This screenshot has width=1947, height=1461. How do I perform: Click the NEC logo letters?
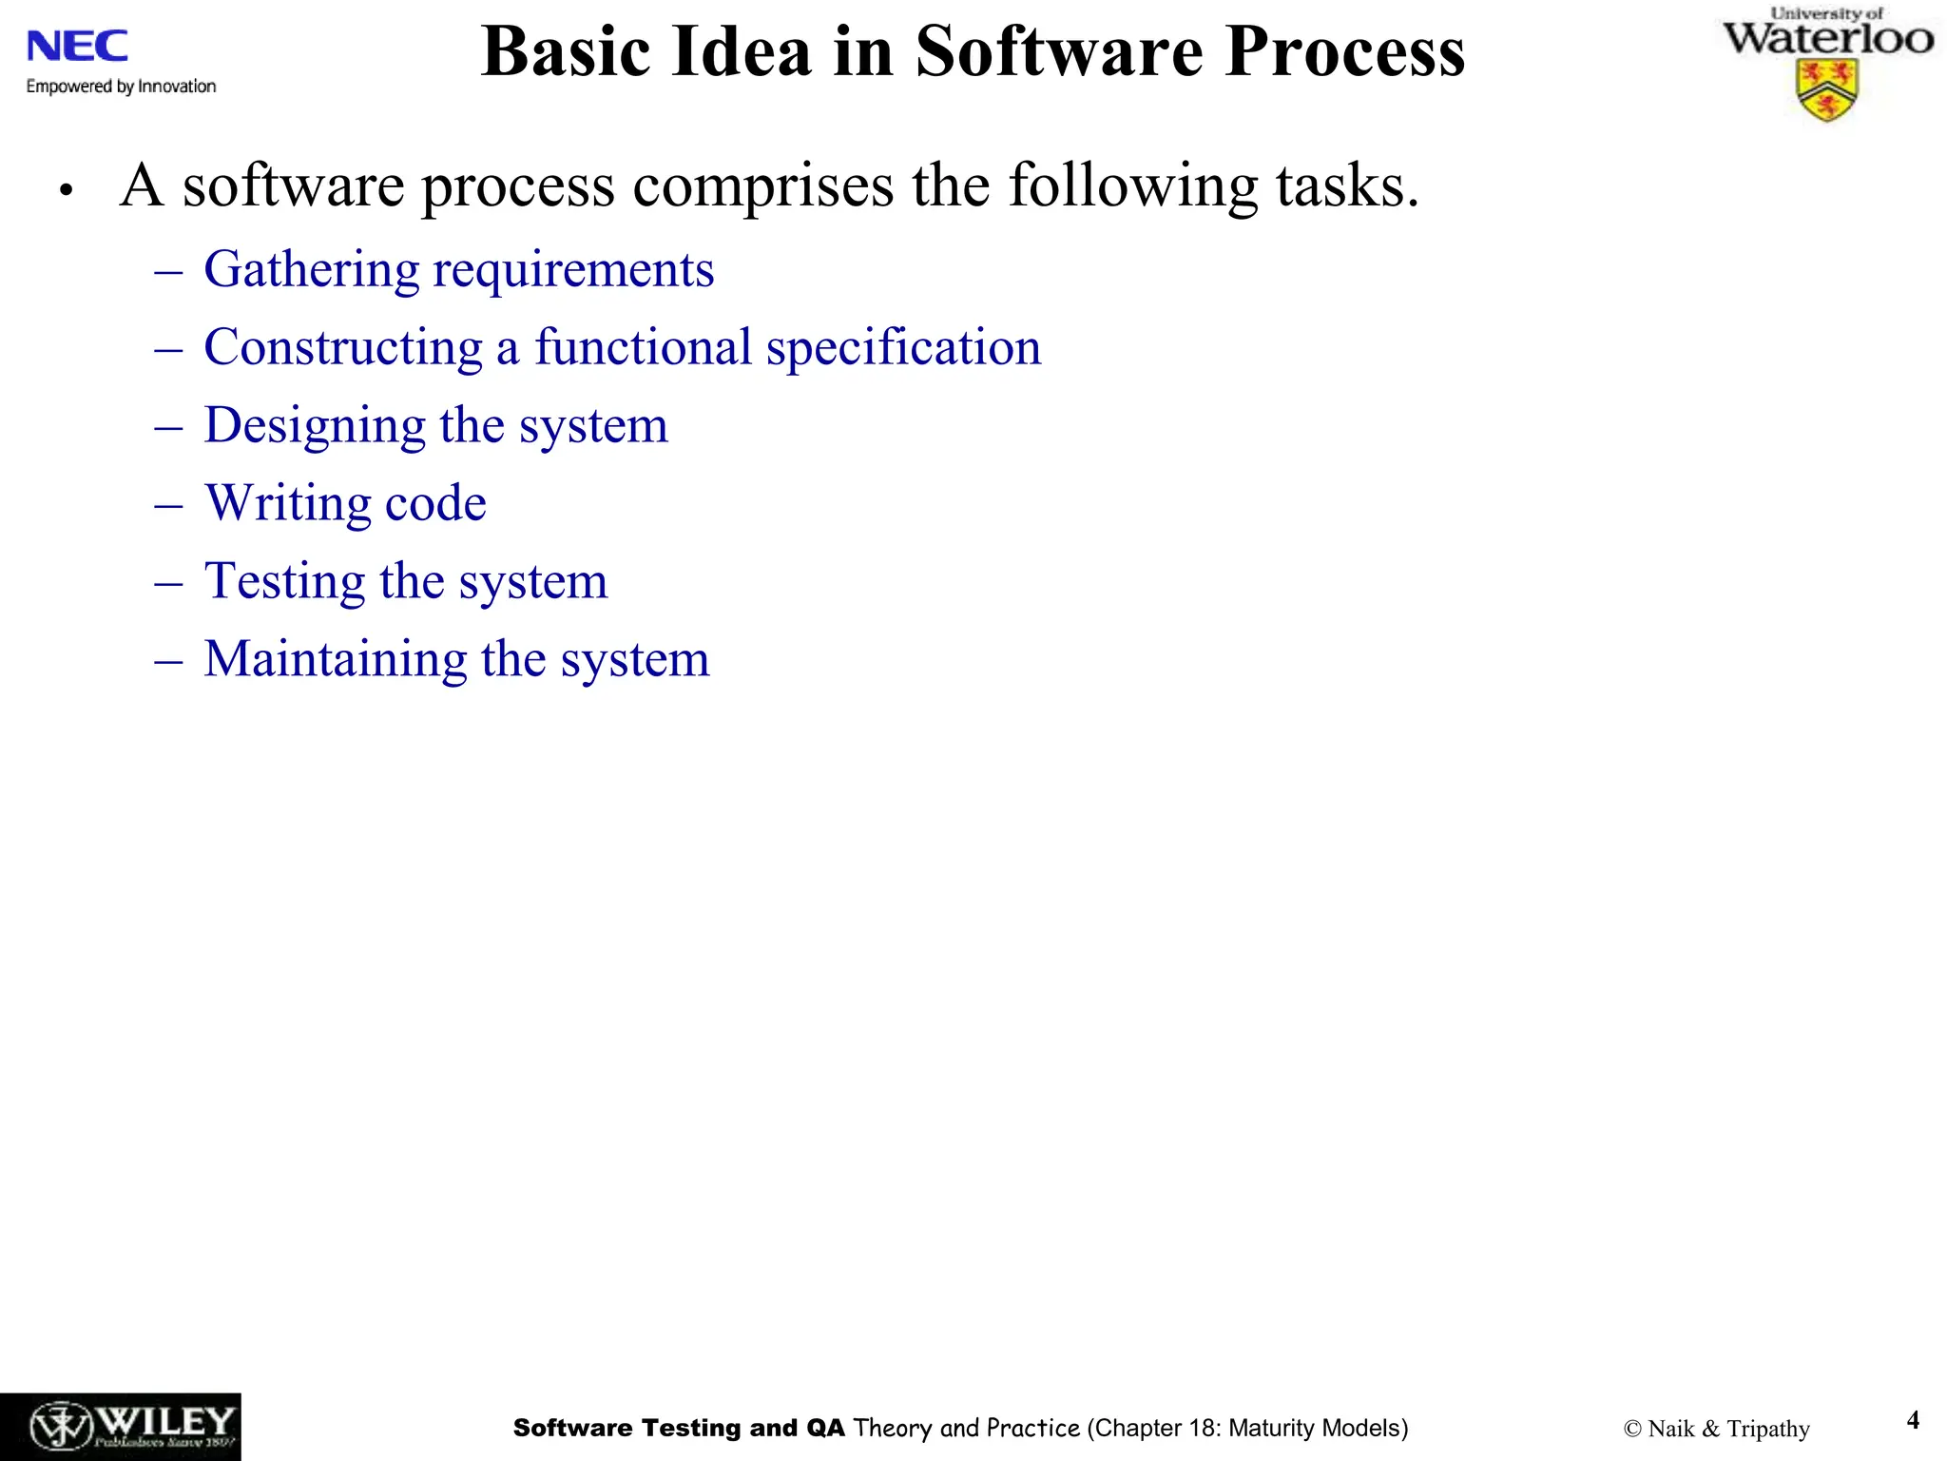click(77, 46)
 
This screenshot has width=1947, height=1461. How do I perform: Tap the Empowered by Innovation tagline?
click(121, 87)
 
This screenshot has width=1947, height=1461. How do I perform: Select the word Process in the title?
click(1344, 51)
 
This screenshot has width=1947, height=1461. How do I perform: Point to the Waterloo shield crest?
click(1827, 90)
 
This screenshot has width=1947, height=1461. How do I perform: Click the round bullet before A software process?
click(66, 190)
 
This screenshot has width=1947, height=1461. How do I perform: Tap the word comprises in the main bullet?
click(762, 185)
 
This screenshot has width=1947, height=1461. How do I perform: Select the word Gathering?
click(311, 270)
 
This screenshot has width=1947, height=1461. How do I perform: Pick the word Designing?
click(314, 426)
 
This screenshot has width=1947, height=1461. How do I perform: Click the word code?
click(434, 503)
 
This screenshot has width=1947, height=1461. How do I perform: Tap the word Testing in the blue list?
click(284, 581)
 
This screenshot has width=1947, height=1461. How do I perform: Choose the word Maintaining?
click(335, 659)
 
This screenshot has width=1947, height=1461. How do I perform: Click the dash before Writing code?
click(168, 505)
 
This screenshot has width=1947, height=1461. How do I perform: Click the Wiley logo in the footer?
click(120, 1426)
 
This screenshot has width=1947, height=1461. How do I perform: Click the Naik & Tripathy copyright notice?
click(1716, 1429)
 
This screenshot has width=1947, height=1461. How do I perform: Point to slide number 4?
click(1913, 1420)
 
